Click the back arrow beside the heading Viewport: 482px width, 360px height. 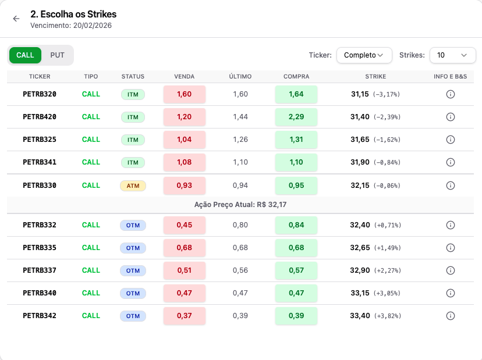16,19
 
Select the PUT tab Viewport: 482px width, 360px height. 57,55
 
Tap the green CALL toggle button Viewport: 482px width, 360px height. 25,55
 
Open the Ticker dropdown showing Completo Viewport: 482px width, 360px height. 364,55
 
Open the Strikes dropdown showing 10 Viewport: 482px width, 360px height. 452,55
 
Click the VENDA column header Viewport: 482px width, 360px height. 185,77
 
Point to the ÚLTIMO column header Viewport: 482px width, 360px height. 240,77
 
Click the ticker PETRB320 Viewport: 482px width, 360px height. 40,94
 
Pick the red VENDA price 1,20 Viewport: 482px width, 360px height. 185,117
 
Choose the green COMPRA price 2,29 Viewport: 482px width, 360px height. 296,117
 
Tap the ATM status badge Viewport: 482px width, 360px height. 133,186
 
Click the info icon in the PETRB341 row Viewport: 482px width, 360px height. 451,162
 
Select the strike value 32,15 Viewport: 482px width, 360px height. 360,186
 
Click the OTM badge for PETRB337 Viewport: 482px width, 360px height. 133,270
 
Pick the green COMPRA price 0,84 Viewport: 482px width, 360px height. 296,225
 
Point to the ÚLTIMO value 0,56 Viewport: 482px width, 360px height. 240,270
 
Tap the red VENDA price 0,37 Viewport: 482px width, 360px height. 185,316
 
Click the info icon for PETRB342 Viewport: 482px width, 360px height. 451,316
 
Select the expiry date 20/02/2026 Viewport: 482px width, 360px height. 92,26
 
